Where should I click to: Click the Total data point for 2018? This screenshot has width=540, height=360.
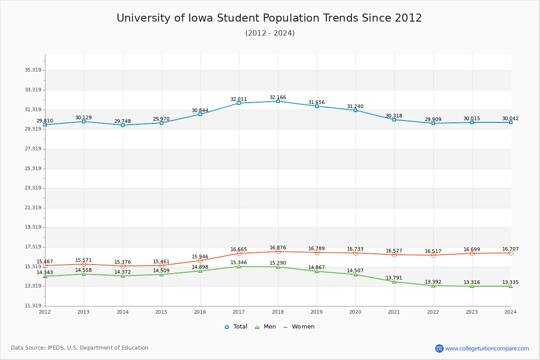click(x=278, y=101)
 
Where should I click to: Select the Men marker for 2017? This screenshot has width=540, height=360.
click(x=239, y=266)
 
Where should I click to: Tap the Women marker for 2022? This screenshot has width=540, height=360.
click(x=433, y=255)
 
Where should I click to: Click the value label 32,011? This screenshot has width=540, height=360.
click(x=238, y=99)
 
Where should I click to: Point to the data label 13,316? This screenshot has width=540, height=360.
click(x=472, y=283)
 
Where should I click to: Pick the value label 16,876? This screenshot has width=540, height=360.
click(x=278, y=248)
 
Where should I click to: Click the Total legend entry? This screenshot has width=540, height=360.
click(x=236, y=327)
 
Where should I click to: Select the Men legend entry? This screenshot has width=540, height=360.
click(x=266, y=327)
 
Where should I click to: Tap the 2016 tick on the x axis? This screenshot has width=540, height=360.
click(x=200, y=311)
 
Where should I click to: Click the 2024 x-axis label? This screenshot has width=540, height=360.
click(x=510, y=311)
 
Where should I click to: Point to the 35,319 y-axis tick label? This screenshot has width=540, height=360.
click(x=33, y=70)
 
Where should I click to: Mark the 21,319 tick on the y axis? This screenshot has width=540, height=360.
click(x=33, y=207)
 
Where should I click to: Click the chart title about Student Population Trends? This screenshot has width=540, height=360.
click(x=269, y=18)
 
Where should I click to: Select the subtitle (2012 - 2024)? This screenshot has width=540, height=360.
click(x=270, y=33)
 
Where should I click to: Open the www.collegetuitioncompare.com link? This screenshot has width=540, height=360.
click(x=487, y=348)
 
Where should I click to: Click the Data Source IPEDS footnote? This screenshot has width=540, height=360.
click(x=80, y=348)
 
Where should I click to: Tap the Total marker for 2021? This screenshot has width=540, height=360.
click(x=394, y=120)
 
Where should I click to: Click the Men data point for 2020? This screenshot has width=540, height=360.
click(x=355, y=274)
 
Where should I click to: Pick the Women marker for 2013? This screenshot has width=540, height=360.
click(x=84, y=264)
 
